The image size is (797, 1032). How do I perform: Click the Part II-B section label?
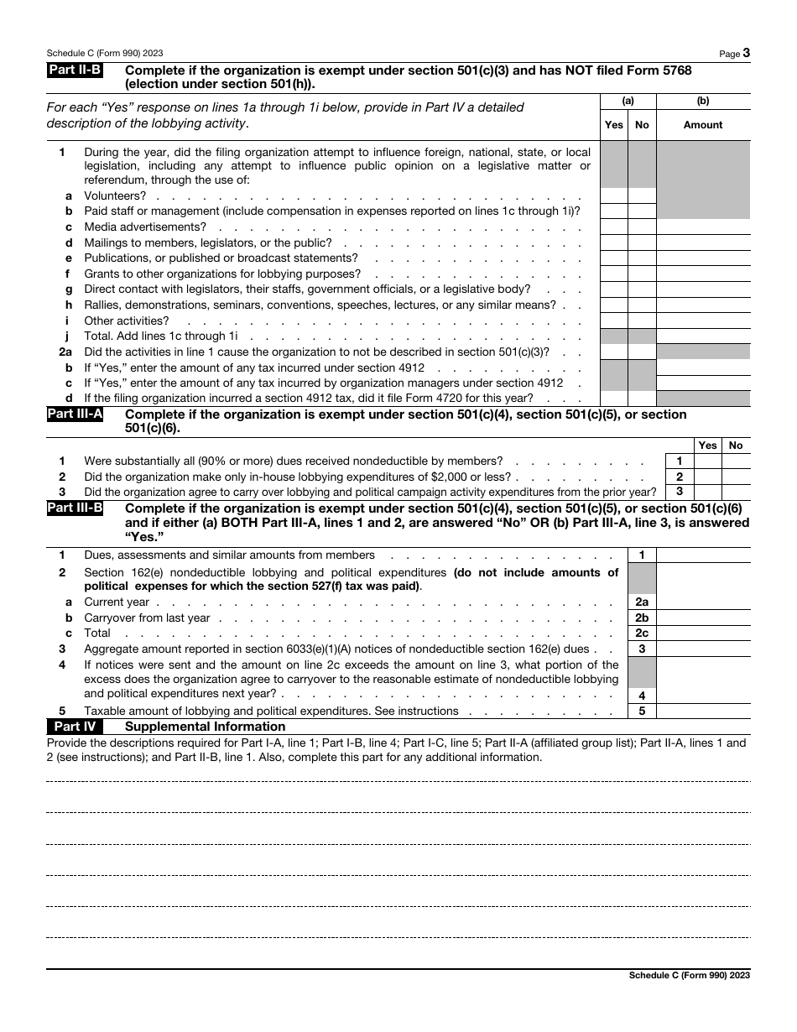pos(75,71)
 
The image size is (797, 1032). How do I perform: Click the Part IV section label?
pos(75,727)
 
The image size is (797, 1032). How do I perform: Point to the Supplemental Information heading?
pos(205,727)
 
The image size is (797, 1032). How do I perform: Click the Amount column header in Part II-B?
pos(703,125)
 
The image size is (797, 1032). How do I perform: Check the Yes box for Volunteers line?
pos(614,195)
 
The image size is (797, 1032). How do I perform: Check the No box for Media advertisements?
pos(642,227)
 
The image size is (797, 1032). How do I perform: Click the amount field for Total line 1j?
pos(703,336)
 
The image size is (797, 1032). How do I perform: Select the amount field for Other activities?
pos(703,321)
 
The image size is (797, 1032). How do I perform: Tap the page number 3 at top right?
pos(746,53)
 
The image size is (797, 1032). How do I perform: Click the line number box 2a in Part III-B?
pos(642,602)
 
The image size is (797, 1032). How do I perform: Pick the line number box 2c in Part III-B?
pos(642,633)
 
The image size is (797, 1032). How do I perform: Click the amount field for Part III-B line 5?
pos(703,711)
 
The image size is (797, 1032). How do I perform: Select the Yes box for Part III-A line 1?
pos(708,461)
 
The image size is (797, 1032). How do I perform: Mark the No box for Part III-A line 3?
pos(736,492)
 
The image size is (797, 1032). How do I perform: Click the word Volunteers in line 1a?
pos(115,196)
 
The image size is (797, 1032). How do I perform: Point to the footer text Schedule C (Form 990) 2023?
pos(689,976)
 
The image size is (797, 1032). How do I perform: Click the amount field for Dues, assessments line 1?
pos(703,555)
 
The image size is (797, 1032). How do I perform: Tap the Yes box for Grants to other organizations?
pos(614,274)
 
